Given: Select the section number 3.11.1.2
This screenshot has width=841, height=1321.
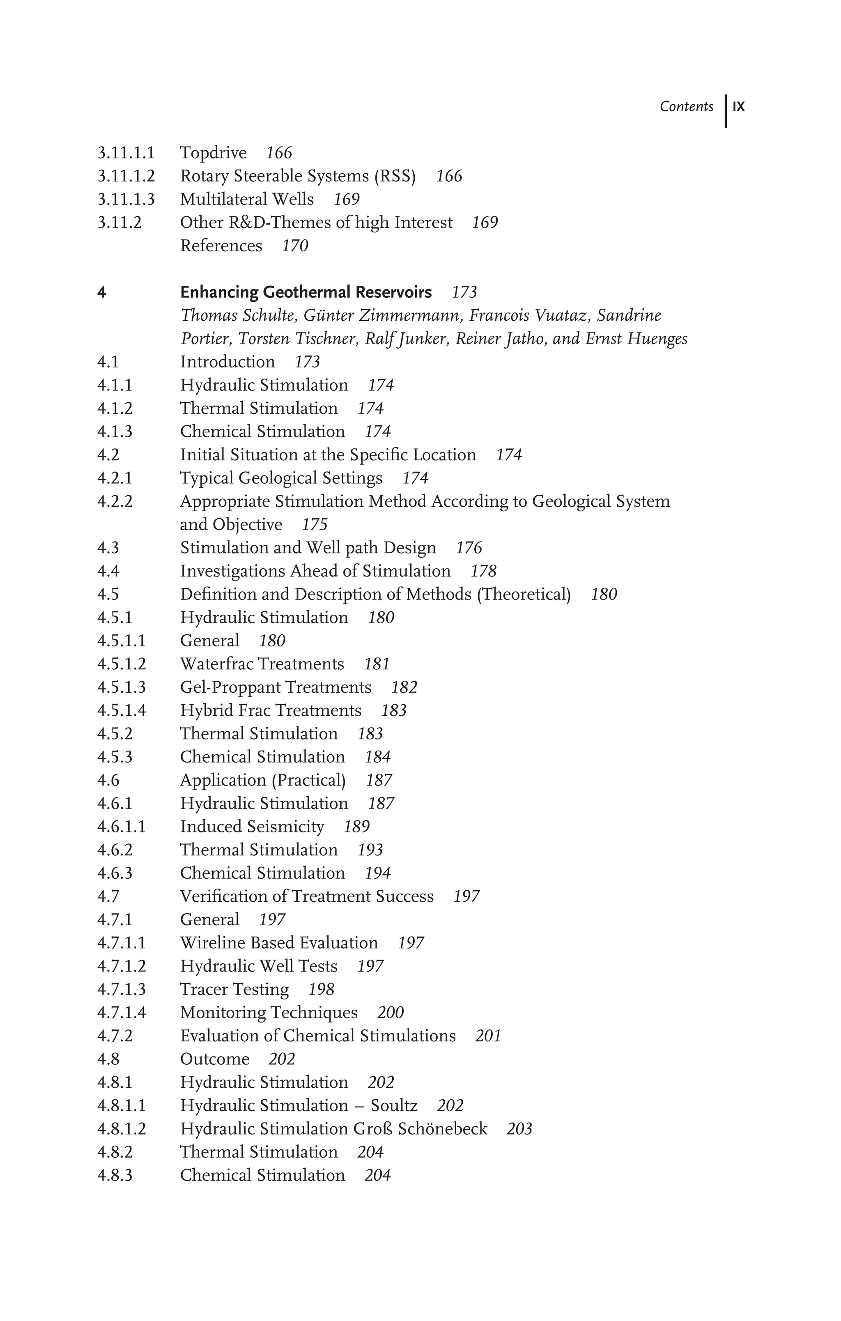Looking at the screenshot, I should point(126,176).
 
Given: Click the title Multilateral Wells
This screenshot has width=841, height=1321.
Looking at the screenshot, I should point(247,199).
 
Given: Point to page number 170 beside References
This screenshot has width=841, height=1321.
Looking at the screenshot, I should point(295,246).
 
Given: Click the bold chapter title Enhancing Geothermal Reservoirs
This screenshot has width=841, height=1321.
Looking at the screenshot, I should point(306,292).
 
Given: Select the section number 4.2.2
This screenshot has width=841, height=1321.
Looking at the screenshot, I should point(115,501).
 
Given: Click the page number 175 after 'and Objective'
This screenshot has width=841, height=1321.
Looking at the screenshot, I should point(314,525).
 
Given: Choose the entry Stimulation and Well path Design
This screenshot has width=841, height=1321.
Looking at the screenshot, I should point(308,548).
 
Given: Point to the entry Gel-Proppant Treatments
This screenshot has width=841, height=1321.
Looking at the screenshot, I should point(276,687).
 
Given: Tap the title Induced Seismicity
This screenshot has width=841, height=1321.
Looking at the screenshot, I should point(252,827).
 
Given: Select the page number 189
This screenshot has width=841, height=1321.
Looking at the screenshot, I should point(356,827).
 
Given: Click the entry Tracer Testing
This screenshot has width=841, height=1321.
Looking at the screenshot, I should point(234,989).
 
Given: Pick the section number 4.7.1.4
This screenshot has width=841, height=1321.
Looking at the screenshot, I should point(122,1013).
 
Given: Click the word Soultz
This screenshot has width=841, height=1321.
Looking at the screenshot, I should point(394,1105).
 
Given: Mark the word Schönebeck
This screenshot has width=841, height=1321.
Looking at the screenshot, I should point(442,1129).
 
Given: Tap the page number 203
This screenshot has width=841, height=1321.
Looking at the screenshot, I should point(519,1129).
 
